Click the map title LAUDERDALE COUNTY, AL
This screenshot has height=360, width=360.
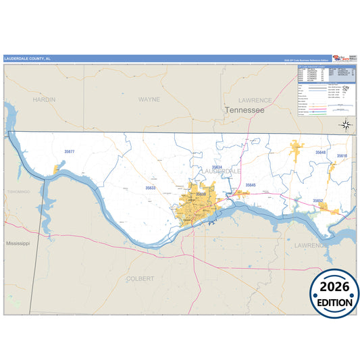click(27, 59)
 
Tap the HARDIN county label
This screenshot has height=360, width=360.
click(44, 99)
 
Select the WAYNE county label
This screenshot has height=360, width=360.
click(149, 99)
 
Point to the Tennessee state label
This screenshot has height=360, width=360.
click(245, 109)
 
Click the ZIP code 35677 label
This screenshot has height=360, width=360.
click(70, 152)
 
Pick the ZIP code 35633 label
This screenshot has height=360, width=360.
click(150, 188)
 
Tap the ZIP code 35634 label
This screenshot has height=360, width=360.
click(216, 167)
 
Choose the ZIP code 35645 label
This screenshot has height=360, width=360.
click(251, 184)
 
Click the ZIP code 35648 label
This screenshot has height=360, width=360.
click(320, 153)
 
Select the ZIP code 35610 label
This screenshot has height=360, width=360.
click(342, 156)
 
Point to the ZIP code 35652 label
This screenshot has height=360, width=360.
click(317, 201)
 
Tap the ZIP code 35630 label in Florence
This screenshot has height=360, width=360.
click(201, 195)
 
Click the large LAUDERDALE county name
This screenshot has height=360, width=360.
click(222, 172)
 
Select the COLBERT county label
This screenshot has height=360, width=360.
click(140, 278)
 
